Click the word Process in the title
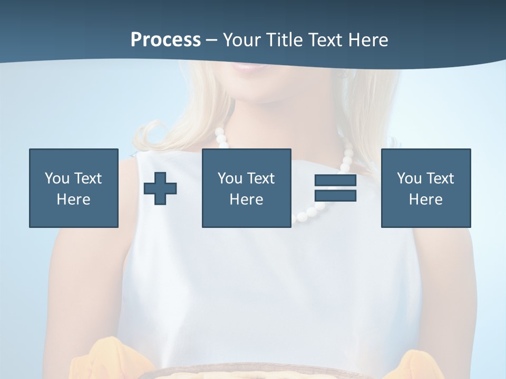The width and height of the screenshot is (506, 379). tap(166, 40)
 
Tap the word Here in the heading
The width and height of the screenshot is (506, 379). tap(368, 40)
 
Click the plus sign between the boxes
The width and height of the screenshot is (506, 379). tap(160, 188)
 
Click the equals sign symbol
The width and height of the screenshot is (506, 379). tap(335, 188)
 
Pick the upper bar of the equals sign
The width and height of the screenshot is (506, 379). tap(335, 181)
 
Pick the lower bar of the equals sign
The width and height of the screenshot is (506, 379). tap(335, 195)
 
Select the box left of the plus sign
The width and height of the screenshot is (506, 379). tap(73, 188)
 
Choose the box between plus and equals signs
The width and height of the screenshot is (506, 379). tap(246, 188)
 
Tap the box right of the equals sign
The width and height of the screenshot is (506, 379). tap(425, 188)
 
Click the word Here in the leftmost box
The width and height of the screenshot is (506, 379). tap(73, 200)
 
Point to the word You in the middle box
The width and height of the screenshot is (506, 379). tap(230, 178)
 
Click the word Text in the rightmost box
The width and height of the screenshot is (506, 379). tap(440, 178)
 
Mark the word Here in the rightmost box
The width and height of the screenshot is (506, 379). tap(425, 200)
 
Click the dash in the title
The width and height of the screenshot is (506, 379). tap(211, 40)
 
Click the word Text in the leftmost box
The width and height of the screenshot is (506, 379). tap(88, 178)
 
